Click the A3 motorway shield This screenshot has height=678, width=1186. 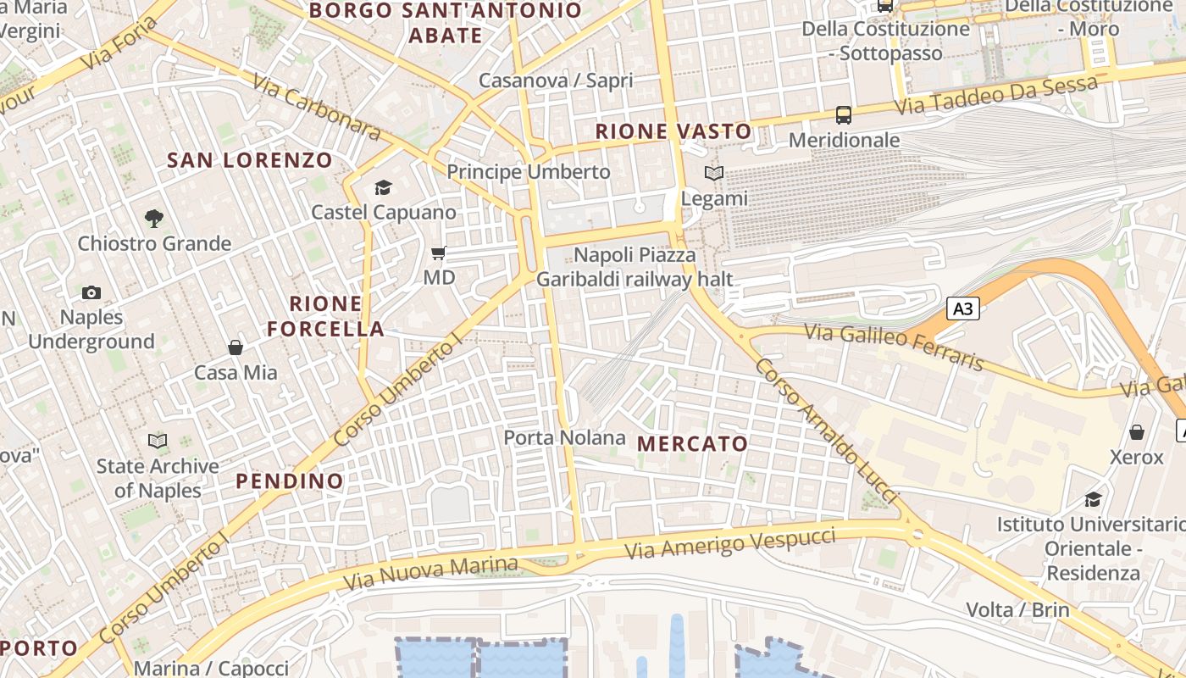pos(963,308)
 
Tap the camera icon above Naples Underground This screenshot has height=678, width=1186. pos(91,293)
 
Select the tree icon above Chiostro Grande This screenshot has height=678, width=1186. pos(153,219)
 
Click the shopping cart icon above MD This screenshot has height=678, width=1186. pos(439,253)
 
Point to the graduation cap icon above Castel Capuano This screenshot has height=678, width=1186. pos(384,187)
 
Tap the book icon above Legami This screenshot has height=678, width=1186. pos(714,174)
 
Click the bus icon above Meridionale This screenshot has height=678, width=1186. pos(844,114)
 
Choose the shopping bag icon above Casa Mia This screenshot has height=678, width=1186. pos(236,347)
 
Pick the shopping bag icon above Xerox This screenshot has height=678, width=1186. pos(1137,432)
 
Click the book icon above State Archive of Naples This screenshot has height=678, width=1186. pos(158,441)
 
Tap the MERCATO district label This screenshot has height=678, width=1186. pos(692,444)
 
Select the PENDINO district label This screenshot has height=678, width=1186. pos(290,481)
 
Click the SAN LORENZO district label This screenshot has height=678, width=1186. pos(250,160)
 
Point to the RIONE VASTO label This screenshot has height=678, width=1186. pos(673,131)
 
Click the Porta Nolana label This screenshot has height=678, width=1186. pos(564,438)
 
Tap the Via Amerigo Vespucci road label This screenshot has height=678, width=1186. pos(730,543)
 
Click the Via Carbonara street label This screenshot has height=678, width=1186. pos(317,106)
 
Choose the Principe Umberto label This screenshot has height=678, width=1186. pos(529,172)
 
